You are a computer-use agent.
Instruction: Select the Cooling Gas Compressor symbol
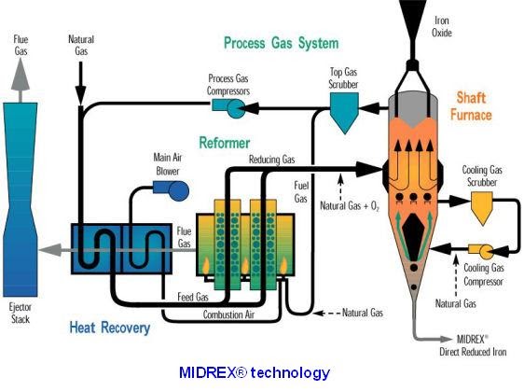485,251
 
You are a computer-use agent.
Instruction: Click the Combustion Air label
230,314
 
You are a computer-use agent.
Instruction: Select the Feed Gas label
191,297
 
